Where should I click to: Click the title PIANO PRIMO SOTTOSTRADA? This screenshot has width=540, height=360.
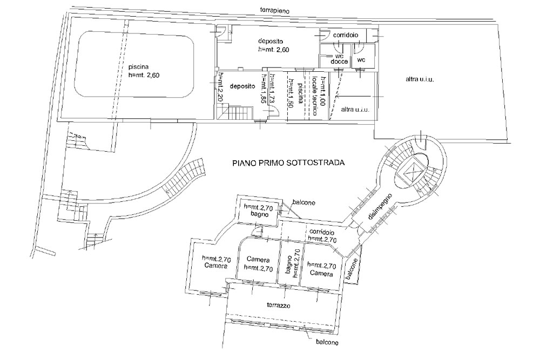click(288, 163)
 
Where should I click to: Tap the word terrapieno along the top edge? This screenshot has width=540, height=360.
click(274, 10)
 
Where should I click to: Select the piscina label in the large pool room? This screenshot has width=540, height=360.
click(138, 67)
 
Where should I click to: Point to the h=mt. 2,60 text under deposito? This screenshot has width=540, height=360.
click(274, 50)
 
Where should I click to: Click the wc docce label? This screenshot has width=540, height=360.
click(339, 59)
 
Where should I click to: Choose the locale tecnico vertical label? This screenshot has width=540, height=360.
click(314, 96)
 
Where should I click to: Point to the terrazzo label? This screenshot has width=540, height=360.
click(279, 305)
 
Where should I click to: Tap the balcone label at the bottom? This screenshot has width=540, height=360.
click(327, 342)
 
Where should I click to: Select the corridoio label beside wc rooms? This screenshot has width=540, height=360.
click(346, 35)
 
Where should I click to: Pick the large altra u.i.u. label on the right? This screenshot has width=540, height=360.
click(420, 79)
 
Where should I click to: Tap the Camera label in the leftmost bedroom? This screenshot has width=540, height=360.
click(215, 266)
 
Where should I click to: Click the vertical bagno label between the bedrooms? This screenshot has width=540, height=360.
click(288, 264)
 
